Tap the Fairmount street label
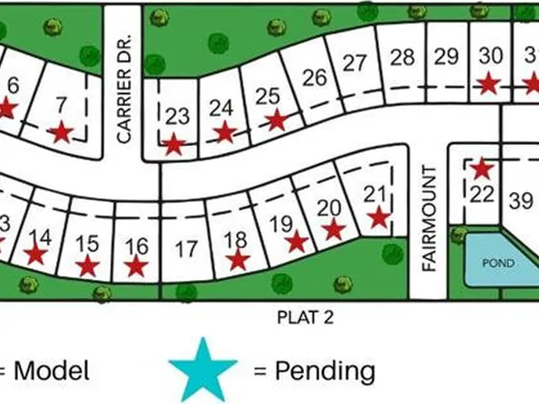[x=430, y=217]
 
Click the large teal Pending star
[x=203, y=369]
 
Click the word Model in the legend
[x=52, y=370]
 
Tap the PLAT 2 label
[x=301, y=316]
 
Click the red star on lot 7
[x=61, y=133]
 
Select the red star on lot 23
[x=174, y=143]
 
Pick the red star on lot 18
[x=238, y=260]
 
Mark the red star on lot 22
[x=482, y=168]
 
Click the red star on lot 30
[x=488, y=83]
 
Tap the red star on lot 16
[x=136, y=265]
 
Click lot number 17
[x=185, y=247]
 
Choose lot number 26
[x=314, y=77]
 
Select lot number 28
[x=402, y=58]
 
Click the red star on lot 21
[x=379, y=217]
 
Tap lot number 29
[x=446, y=56]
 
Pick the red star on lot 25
[x=276, y=120]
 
